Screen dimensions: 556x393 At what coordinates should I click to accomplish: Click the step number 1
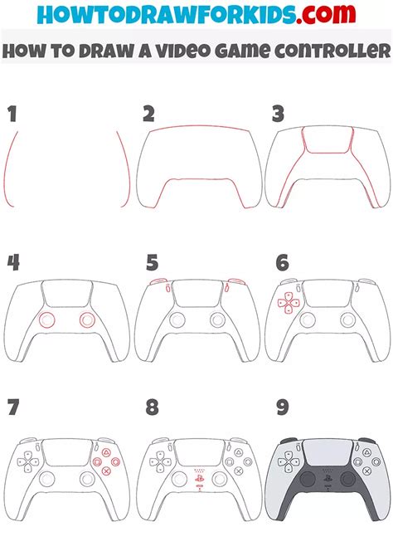[12, 114]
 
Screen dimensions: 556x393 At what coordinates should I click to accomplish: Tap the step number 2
[149, 114]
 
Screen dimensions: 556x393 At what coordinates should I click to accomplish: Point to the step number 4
[14, 263]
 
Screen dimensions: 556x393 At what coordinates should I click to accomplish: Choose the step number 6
[281, 263]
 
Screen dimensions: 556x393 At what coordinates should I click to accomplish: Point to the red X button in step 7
[105, 470]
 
